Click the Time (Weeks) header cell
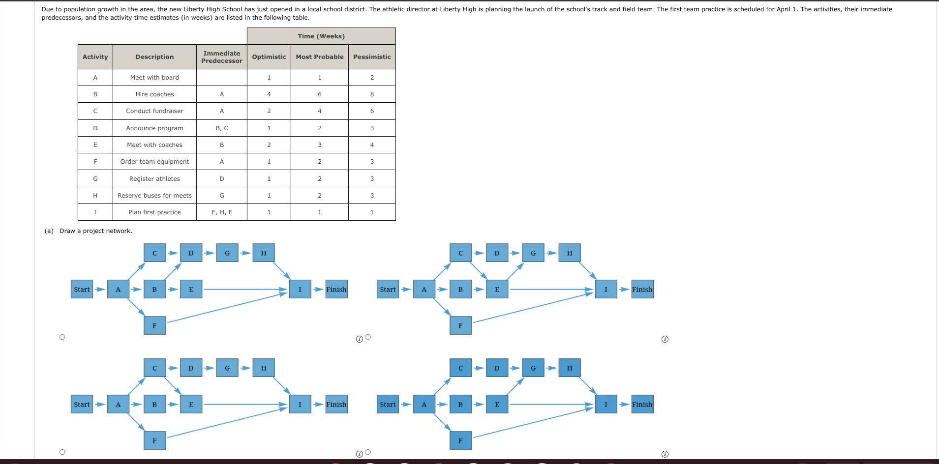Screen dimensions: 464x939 click(x=321, y=36)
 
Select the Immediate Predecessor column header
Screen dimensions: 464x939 click(x=221, y=57)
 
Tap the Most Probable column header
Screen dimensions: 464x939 click(x=319, y=57)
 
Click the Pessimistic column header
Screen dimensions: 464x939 click(x=372, y=57)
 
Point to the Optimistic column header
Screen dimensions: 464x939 click(x=269, y=57)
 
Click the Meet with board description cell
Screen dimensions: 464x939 click(x=154, y=78)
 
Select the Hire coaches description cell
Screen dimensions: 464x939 click(x=154, y=94)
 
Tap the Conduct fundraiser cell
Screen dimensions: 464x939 click(x=154, y=111)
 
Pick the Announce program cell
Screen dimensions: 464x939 click(x=154, y=128)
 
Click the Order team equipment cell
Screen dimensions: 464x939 click(x=154, y=162)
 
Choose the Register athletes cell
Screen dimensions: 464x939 click(x=154, y=179)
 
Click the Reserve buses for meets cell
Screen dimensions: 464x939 click(x=154, y=196)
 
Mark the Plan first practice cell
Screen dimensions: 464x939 click(x=154, y=212)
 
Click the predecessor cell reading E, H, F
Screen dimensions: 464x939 click(x=221, y=212)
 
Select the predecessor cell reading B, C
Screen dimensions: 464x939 click(x=221, y=128)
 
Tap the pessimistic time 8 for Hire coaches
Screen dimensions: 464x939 click(x=372, y=94)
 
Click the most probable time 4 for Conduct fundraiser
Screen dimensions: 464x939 click(x=319, y=111)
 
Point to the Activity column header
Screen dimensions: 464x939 click(x=95, y=57)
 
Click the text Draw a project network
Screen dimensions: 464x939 click(x=96, y=231)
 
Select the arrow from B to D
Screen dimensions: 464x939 click(x=173, y=271)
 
